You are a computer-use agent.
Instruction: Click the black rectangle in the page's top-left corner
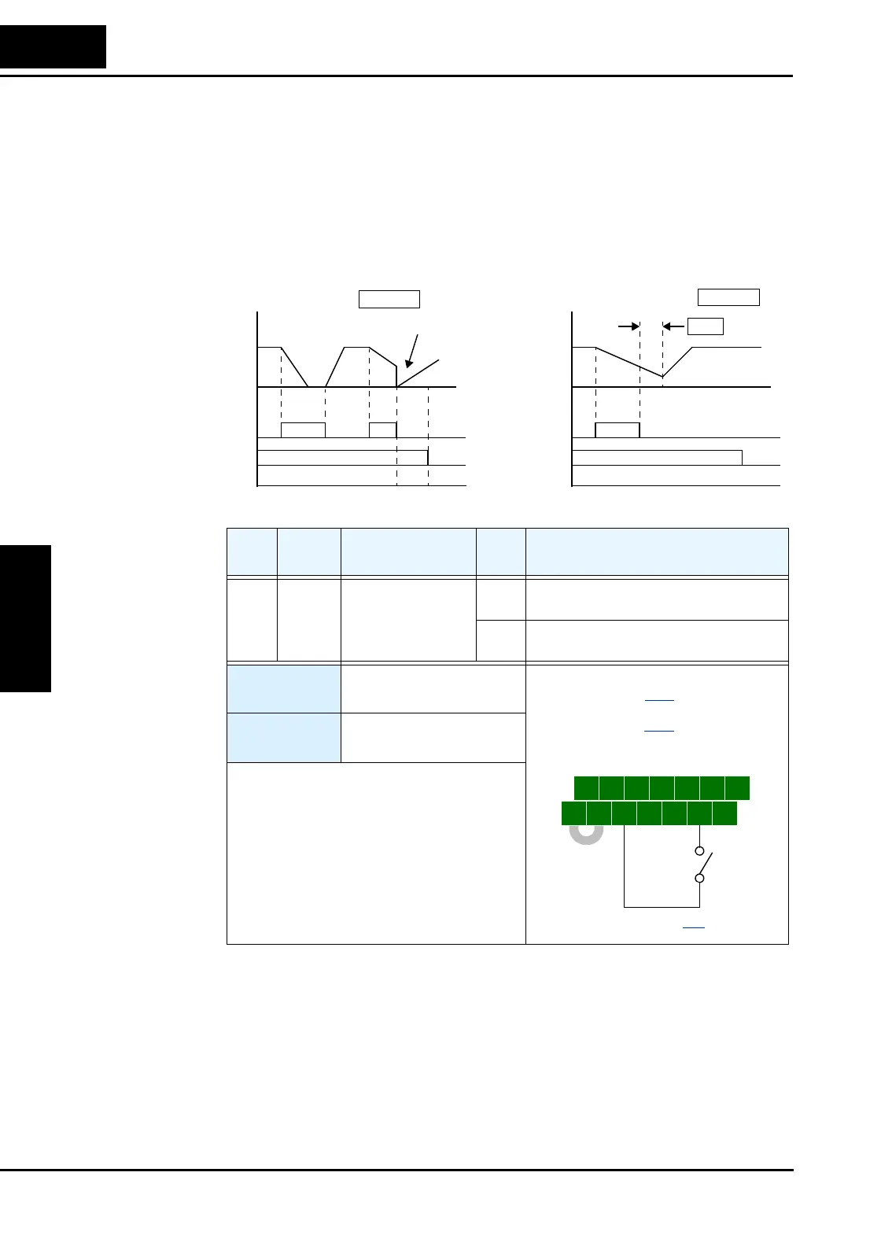53,46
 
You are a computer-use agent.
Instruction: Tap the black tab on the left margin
25,618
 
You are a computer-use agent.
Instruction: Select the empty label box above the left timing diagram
389,299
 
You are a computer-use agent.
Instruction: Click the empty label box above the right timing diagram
728,297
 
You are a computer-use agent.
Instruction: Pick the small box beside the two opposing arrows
705,326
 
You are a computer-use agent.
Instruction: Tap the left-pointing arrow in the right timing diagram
673,326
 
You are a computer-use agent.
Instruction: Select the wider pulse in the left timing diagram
303,429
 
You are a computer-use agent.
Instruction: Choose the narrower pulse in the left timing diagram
382,429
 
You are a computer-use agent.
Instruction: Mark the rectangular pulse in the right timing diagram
617,429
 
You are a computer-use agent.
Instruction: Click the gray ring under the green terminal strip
586,833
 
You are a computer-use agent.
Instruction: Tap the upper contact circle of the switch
699,851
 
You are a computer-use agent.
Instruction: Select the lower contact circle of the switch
699,879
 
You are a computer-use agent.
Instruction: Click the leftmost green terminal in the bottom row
574,813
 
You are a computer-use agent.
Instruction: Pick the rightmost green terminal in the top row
737,788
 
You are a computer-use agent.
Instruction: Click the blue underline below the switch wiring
693,929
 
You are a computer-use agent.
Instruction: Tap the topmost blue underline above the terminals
659,700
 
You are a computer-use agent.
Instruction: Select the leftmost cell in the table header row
252,552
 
